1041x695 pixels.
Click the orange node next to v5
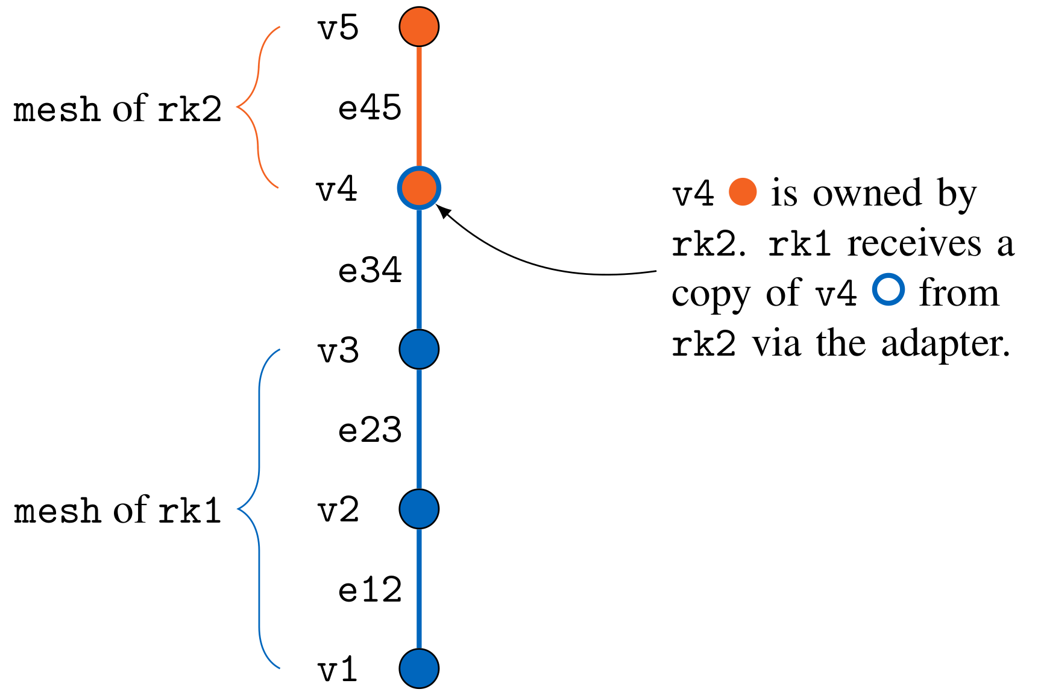(x=419, y=27)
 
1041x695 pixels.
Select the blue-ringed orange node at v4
(x=419, y=188)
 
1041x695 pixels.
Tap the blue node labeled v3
(x=419, y=349)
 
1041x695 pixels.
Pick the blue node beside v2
(x=419, y=509)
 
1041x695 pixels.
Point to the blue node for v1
(x=419, y=668)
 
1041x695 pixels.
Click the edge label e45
(x=370, y=108)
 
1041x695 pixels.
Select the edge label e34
(x=370, y=269)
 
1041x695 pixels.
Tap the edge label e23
(x=370, y=430)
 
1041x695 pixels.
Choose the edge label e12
(x=370, y=590)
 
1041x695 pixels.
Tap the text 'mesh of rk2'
(x=118, y=109)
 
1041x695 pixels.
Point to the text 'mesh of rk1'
(x=118, y=511)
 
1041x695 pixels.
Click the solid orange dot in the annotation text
(x=743, y=192)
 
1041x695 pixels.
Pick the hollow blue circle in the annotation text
(x=888, y=289)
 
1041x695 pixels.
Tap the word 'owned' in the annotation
(x=867, y=193)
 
